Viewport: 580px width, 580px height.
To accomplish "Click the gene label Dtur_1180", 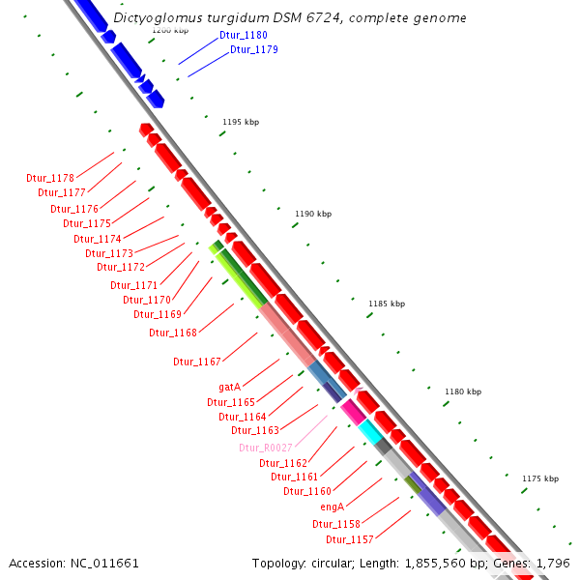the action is (x=243, y=35).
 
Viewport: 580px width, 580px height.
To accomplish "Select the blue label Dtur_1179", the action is (x=254, y=49).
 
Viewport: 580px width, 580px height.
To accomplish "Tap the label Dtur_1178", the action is (x=50, y=178).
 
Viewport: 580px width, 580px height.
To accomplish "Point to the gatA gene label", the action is (x=229, y=387).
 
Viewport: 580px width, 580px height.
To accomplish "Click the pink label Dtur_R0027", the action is (x=265, y=448).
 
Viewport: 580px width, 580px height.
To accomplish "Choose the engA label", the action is (x=332, y=507).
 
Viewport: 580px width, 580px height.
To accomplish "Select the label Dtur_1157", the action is (x=349, y=539).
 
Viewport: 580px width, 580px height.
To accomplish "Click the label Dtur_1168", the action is (x=173, y=333).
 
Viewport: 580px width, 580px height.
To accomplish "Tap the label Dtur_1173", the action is (x=109, y=253).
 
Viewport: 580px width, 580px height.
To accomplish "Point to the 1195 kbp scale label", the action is (x=241, y=122).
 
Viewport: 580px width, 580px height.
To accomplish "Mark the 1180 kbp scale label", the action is (x=462, y=391).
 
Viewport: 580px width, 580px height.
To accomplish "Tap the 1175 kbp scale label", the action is (x=539, y=478).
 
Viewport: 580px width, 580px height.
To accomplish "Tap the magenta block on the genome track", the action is (x=353, y=412).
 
